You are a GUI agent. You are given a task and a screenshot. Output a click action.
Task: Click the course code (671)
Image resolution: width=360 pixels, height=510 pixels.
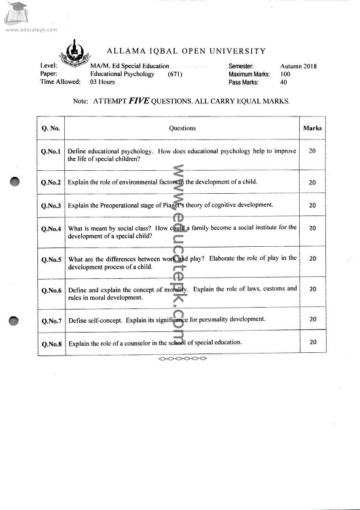coord(175,74)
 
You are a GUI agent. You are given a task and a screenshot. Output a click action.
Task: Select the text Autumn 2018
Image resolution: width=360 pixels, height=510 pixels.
coord(298,66)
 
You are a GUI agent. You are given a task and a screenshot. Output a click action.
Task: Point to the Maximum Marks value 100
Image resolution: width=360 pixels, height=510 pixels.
coord(285,74)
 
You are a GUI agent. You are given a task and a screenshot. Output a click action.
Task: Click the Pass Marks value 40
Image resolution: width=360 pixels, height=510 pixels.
coord(283,82)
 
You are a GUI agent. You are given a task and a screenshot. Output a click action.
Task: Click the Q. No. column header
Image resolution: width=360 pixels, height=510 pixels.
coord(50,128)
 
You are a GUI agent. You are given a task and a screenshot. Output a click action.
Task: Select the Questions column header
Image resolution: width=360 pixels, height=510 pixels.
coord(182,128)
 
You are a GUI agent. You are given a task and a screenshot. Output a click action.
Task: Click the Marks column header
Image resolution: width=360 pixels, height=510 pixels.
coord(312,128)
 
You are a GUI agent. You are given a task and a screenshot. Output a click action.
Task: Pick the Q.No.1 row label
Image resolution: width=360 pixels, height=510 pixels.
coord(50,153)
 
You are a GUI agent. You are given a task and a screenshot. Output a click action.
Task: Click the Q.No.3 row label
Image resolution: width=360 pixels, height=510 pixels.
coord(50,206)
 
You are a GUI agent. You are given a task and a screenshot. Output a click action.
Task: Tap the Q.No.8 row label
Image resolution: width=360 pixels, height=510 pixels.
coord(50,343)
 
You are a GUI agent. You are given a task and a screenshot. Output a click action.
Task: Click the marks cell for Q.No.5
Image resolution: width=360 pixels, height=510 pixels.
coord(312,259)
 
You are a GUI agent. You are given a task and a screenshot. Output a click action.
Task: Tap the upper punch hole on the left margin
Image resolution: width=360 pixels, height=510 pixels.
coord(15,183)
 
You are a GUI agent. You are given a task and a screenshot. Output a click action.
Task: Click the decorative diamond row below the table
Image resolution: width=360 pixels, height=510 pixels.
coord(183,359)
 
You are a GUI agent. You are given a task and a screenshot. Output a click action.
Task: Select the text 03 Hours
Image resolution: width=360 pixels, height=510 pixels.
coord(103,82)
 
